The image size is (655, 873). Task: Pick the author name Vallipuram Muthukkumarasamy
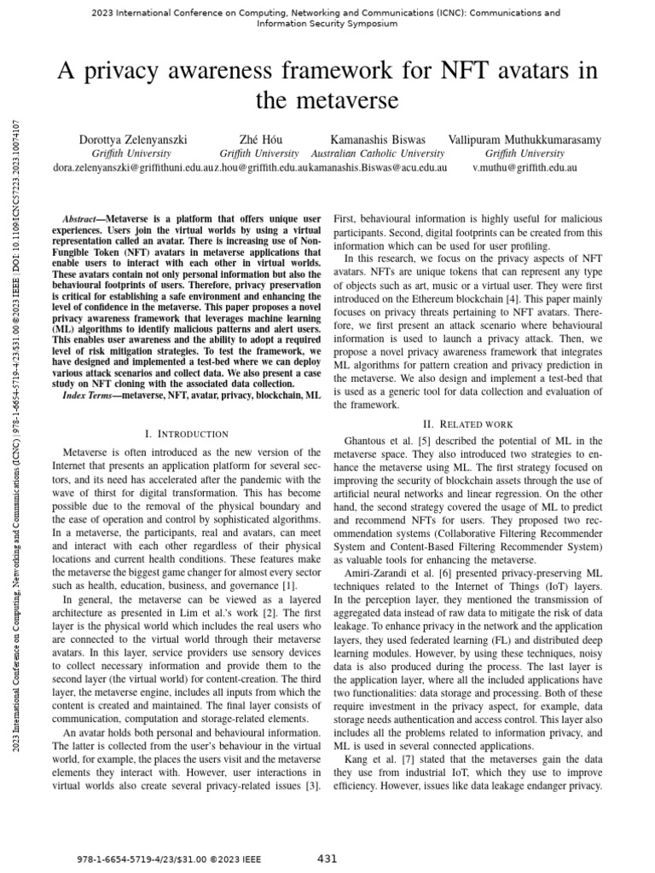tap(525, 139)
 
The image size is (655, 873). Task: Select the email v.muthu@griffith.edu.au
tap(525, 168)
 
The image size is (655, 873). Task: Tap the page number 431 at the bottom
tap(327, 858)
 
